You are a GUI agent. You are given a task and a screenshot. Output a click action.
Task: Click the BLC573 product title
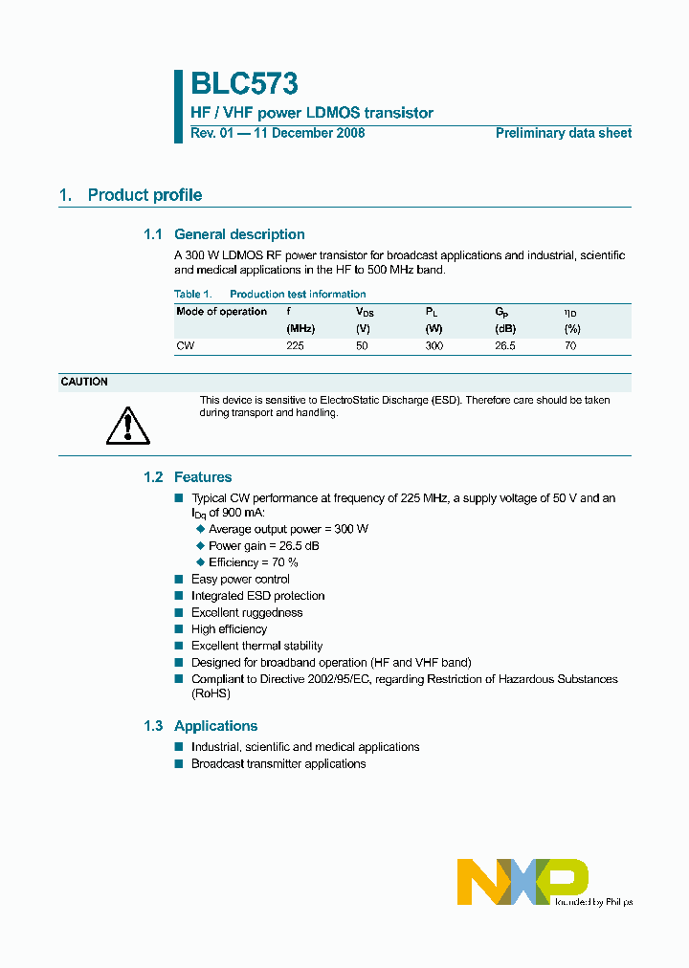[243, 84]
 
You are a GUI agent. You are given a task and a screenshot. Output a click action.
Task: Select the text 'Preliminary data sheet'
[563, 133]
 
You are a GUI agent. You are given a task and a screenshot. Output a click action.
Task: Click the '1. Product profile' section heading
[130, 195]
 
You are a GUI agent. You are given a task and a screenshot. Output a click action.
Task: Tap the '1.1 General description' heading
[224, 234]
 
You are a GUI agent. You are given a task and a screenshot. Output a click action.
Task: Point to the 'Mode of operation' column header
[221, 312]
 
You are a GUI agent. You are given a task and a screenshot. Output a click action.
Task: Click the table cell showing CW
[185, 345]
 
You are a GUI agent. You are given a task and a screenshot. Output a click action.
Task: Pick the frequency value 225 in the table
[295, 345]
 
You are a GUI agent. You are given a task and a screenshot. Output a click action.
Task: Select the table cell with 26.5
[504, 345]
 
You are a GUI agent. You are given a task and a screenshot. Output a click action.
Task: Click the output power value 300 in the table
[433, 345]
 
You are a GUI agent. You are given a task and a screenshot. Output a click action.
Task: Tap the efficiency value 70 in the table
[570, 345]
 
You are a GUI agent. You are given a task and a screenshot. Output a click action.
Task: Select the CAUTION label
[84, 382]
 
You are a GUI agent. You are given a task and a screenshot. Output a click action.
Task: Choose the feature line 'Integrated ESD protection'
[257, 596]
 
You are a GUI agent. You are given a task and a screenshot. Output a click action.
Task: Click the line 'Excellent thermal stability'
[256, 646]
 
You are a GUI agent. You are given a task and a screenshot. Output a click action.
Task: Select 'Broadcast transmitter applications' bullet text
[278, 763]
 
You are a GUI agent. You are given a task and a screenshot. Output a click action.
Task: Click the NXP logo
[522, 881]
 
